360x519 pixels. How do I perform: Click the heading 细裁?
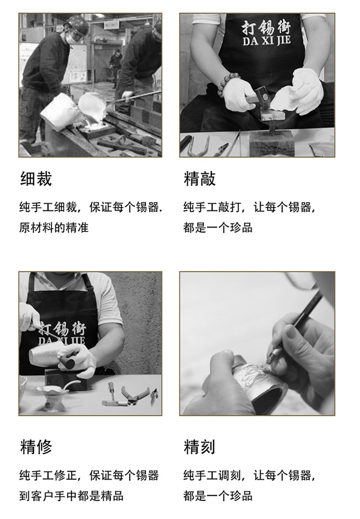click(x=36, y=179)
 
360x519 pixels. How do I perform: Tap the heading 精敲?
click(x=200, y=179)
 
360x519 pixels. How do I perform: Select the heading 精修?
click(x=36, y=447)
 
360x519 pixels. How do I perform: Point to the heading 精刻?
click(x=200, y=447)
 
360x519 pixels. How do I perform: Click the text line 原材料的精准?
click(x=54, y=228)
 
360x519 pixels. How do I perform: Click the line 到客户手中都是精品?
click(x=71, y=496)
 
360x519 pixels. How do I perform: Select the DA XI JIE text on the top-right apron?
click(x=266, y=41)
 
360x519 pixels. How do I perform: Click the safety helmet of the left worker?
click(x=77, y=24)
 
